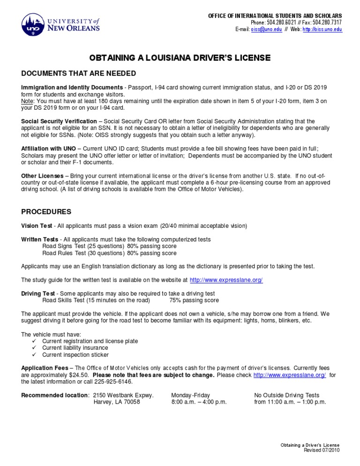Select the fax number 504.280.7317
point(328,23)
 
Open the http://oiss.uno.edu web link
point(322,29)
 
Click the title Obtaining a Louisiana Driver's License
point(180,58)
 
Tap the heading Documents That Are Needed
point(79,74)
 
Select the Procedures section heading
point(46,211)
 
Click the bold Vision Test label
point(37,226)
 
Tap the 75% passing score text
point(191,301)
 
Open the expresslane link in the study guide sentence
point(226,280)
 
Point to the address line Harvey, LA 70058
point(117,402)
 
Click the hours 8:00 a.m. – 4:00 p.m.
point(199,402)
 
